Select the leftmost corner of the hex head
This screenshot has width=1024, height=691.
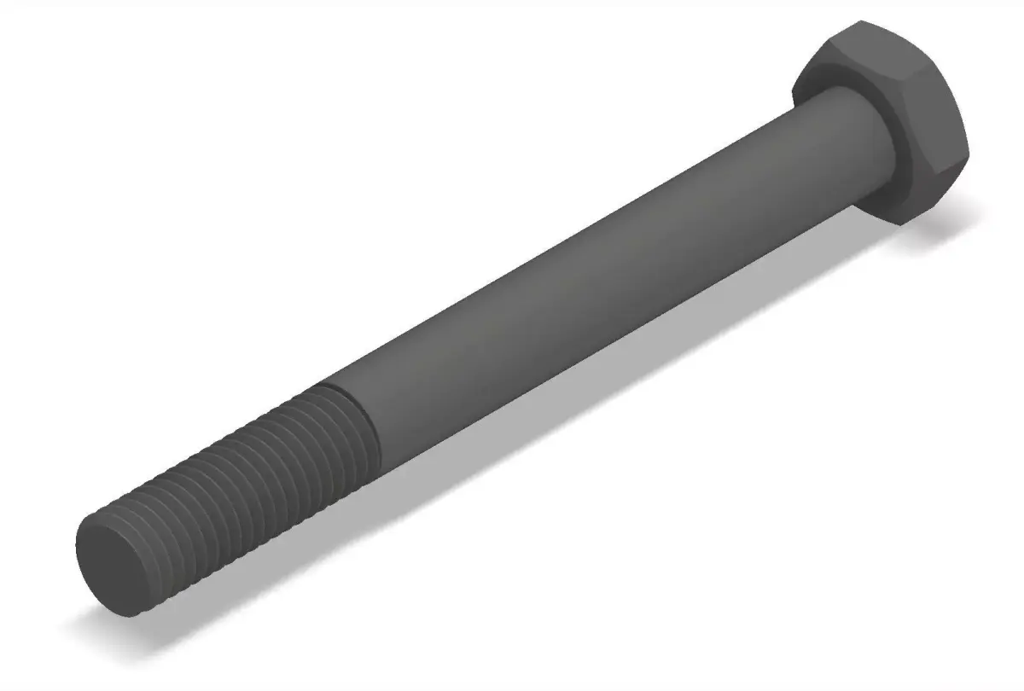pos(793,90)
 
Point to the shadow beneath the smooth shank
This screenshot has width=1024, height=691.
pos(555,427)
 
